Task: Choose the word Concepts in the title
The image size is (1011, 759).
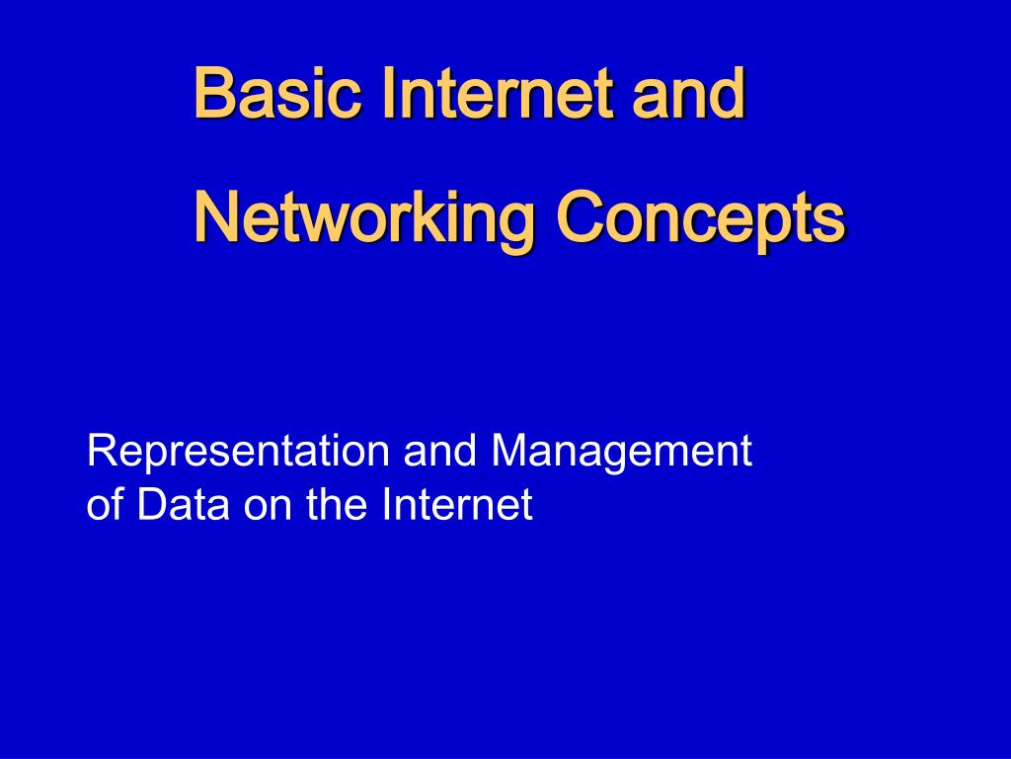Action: (x=700, y=217)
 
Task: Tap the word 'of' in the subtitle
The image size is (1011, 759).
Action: (x=104, y=505)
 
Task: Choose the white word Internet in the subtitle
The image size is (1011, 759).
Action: (x=457, y=505)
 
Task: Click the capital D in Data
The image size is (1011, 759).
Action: (x=150, y=505)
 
